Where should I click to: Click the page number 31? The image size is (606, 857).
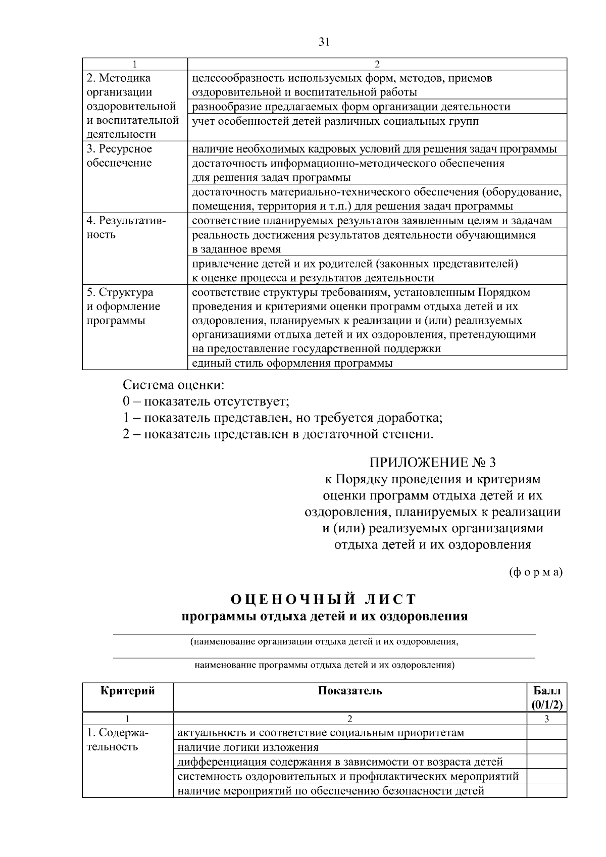tap(324, 42)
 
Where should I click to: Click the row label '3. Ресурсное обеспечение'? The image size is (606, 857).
tap(119, 156)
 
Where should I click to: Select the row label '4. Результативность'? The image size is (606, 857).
tap(126, 228)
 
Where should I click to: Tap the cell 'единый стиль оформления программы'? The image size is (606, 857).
tap(292, 363)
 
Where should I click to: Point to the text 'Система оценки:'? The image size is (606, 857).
tap(173, 385)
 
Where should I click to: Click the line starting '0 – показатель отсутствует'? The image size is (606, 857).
tap(206, 401)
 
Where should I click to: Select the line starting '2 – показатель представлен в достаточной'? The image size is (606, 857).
tap(278, 434)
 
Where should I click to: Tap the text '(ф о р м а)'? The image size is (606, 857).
tap(535, 572)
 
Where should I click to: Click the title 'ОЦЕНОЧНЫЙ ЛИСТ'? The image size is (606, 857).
tap(324, 599)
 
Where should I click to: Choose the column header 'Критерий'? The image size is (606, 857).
tap(128, 691)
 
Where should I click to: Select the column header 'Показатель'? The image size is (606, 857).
tap(350, 691)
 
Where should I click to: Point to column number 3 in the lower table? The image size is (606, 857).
tap(547, 719)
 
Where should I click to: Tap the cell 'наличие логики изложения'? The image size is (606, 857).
tap(248, 747)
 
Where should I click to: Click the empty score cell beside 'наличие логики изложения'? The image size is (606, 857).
tap(547, 747)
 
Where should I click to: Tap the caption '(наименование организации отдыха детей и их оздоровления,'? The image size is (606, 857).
tap(324, 642)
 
